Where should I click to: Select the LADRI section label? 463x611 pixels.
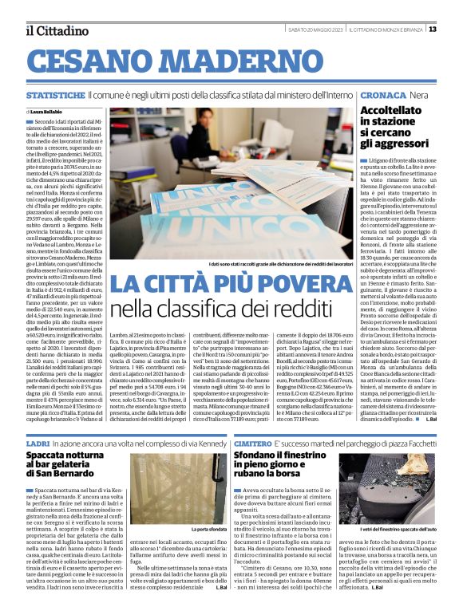pos(37,441)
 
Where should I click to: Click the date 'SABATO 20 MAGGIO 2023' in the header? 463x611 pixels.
pos(315,30)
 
